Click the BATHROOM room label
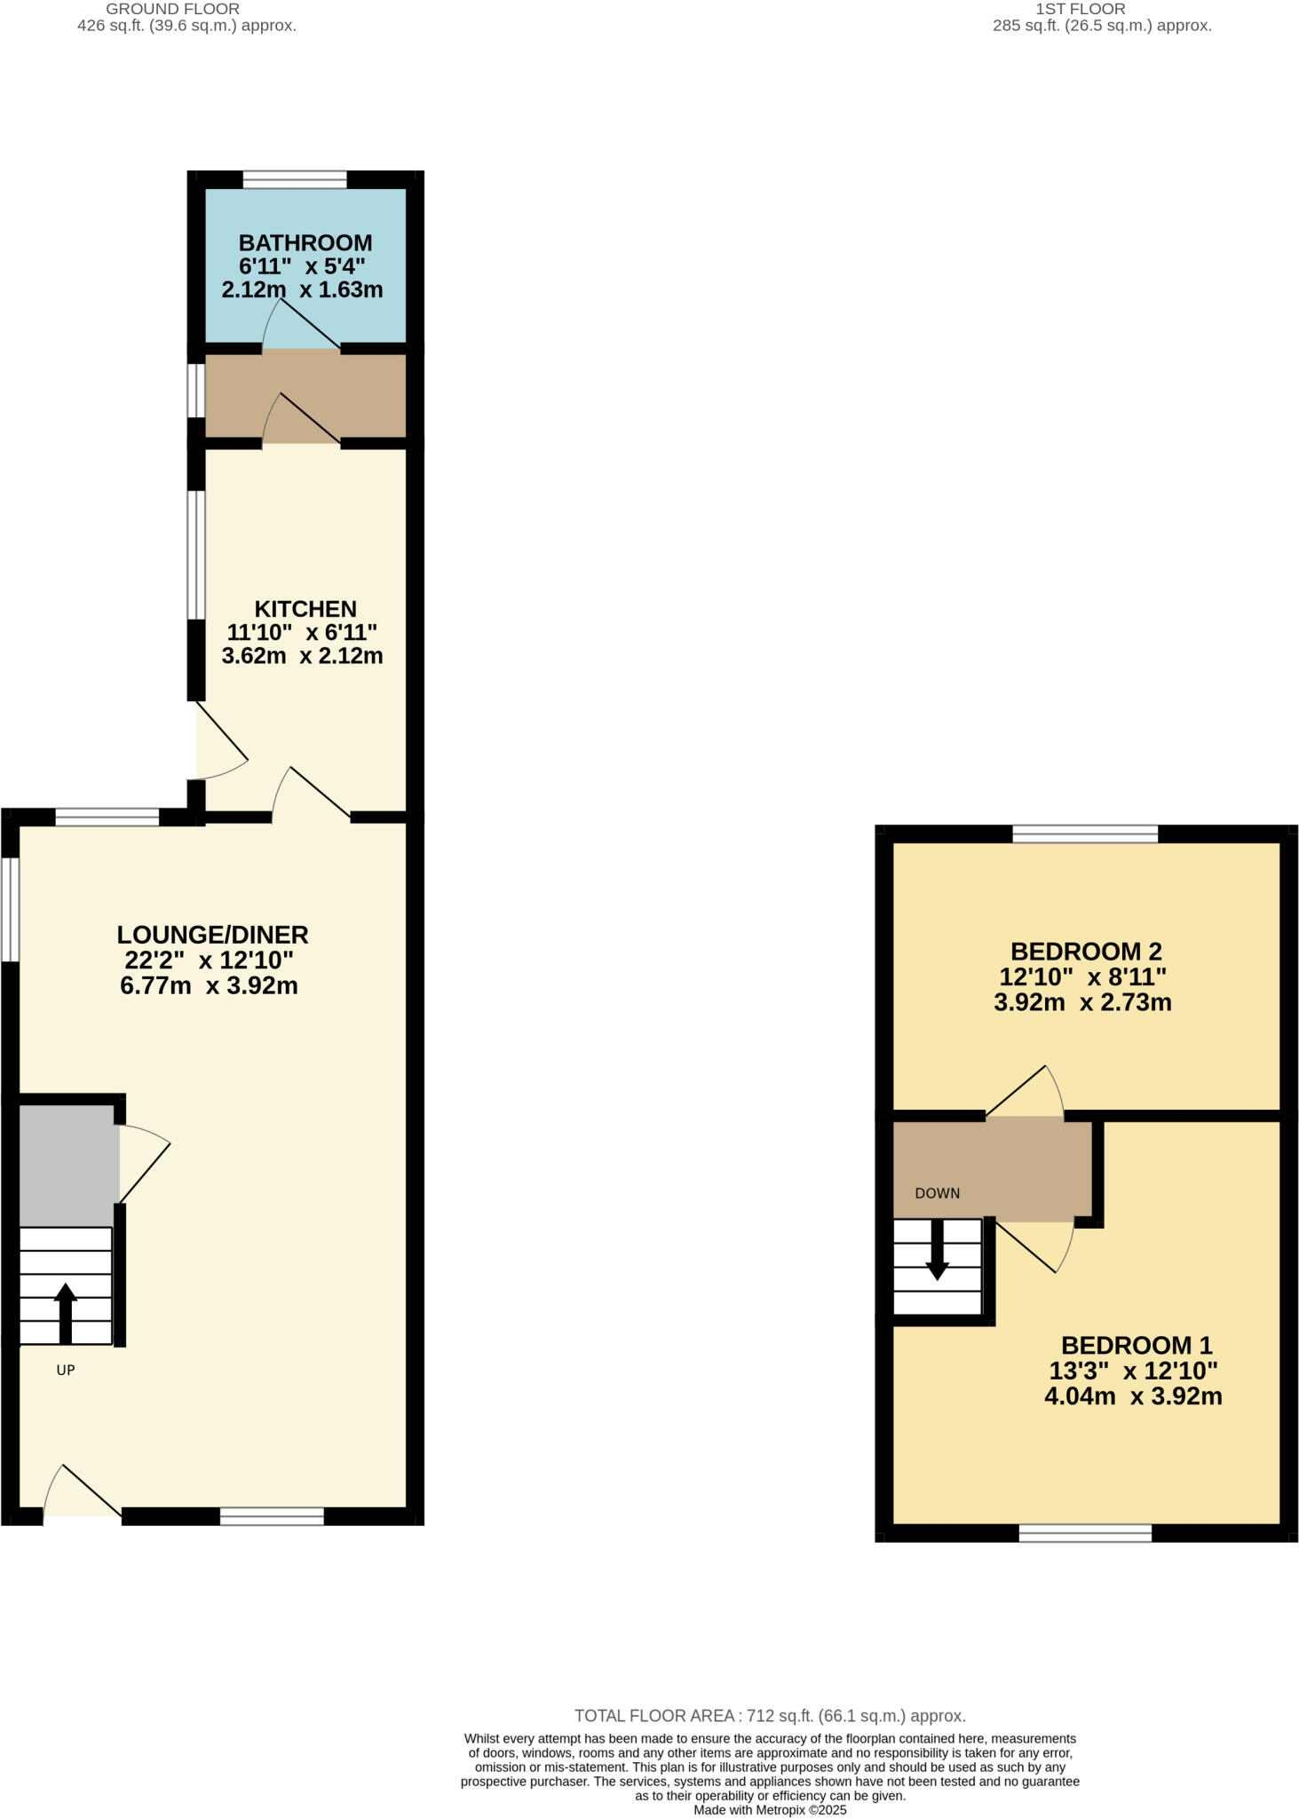[x=305, y=242]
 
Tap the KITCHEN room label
[x=305, y=609]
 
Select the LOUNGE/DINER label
[x=212, y=935]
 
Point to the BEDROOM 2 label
[x=1086, y=952]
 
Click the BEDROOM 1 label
[x=1137, y=1345]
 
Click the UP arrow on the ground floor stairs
[x=66, y=1312]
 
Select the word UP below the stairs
[x=66, y=1370]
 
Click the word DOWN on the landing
[x=938, y=1193]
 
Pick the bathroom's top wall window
[x=295, y=180]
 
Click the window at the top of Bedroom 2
[x=1085, y=834]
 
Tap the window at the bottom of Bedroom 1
[x=1085, y=1532]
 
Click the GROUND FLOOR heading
[x=172, y=9]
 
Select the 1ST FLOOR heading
[x=1081, y=9]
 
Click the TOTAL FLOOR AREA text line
[x=770, y=1716]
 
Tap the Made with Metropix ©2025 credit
[x=770, y=1810]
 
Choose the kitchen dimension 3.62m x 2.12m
[x=302, y=656]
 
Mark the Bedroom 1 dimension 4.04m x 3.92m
[x=1133, y=1396]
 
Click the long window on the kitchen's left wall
[x=196, y=554]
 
